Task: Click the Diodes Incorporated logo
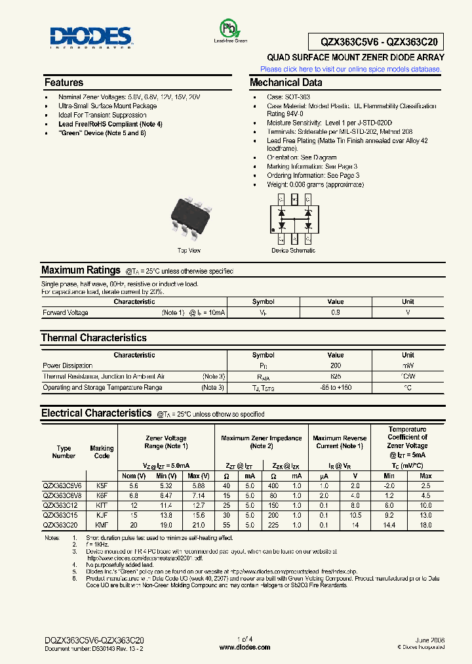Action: pos(91,38)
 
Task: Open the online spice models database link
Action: pos(351,69)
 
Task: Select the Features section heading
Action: pos(64,83)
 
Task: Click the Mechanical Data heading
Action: pos(286,83)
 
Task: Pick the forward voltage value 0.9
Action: pos(335,313)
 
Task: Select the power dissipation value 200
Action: pos(335,365)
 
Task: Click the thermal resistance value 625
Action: pos(335,377)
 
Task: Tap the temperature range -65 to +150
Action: pos(335,388)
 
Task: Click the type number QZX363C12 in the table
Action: pos(60,507)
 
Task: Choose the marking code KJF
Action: pos(102,516)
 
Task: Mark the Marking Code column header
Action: pos(102,452)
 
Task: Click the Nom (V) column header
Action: pos(134,476)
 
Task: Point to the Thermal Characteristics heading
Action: pos(94,338)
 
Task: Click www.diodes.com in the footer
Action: pos(245,647)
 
